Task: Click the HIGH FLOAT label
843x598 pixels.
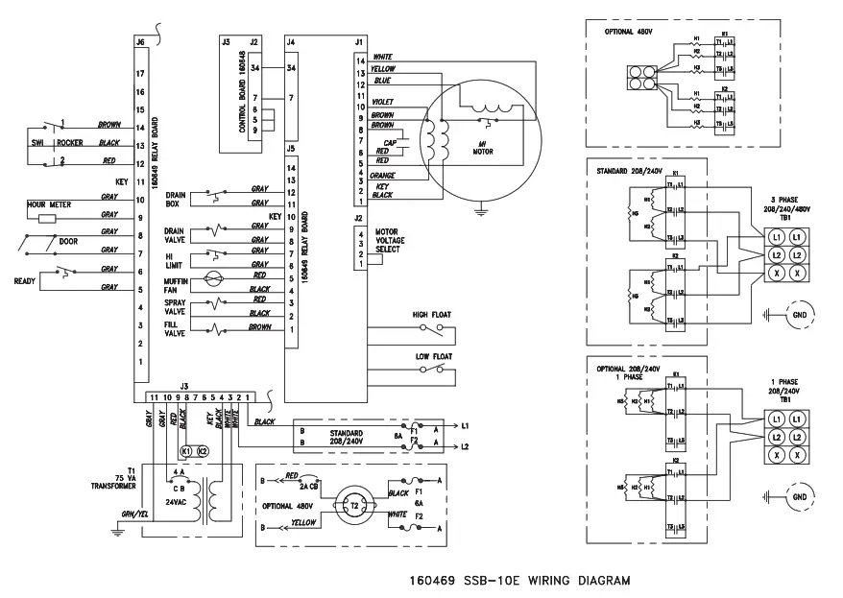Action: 431,315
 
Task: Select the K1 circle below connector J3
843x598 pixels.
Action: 187,450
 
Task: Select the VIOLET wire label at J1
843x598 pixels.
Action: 383,100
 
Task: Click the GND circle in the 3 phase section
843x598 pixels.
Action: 798,314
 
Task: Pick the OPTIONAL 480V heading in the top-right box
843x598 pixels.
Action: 630,31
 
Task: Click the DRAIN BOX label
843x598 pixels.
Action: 175,199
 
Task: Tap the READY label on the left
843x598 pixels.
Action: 24,280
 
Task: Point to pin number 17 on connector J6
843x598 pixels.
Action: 140,73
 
